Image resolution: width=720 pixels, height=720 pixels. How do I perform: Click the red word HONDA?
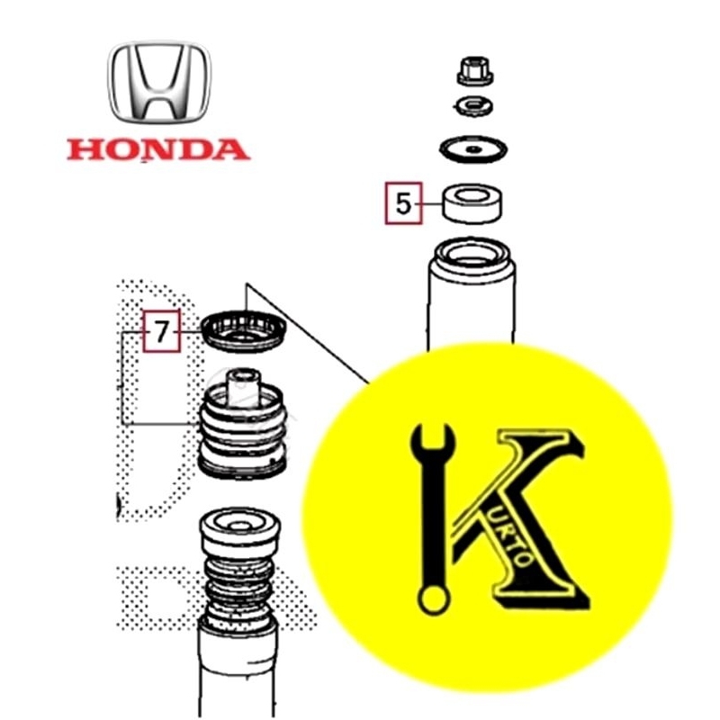[158, 148]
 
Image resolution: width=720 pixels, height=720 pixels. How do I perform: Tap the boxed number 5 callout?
[403, 203]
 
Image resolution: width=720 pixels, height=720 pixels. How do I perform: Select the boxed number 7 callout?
[162, 332]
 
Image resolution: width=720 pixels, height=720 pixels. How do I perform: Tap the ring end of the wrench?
[432, 594]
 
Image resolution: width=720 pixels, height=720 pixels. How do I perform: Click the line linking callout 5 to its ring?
[429, 203]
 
